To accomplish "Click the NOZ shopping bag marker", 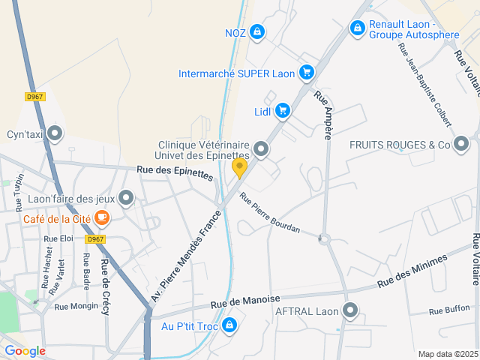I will (257, 31).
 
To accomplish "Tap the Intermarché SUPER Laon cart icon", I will (306, 73).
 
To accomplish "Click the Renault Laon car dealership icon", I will (358, 28).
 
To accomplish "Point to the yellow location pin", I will (239, 167).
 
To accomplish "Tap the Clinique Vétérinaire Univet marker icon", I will (261, 149).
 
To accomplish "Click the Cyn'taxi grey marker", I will (54, 135).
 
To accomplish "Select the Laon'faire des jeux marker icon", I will (126, 199).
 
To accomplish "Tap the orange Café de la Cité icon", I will (102, 219).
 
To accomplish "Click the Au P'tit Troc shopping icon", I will (230, 326).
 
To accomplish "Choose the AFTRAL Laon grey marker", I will (350, 310).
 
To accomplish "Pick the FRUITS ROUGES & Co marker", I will (460, 144).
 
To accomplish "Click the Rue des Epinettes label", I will (175, 174).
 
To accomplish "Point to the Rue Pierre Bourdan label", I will (269, 213).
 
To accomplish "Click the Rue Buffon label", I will (450, 309).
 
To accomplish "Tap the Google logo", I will (25, 351).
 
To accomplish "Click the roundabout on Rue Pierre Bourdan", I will (324, 240).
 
